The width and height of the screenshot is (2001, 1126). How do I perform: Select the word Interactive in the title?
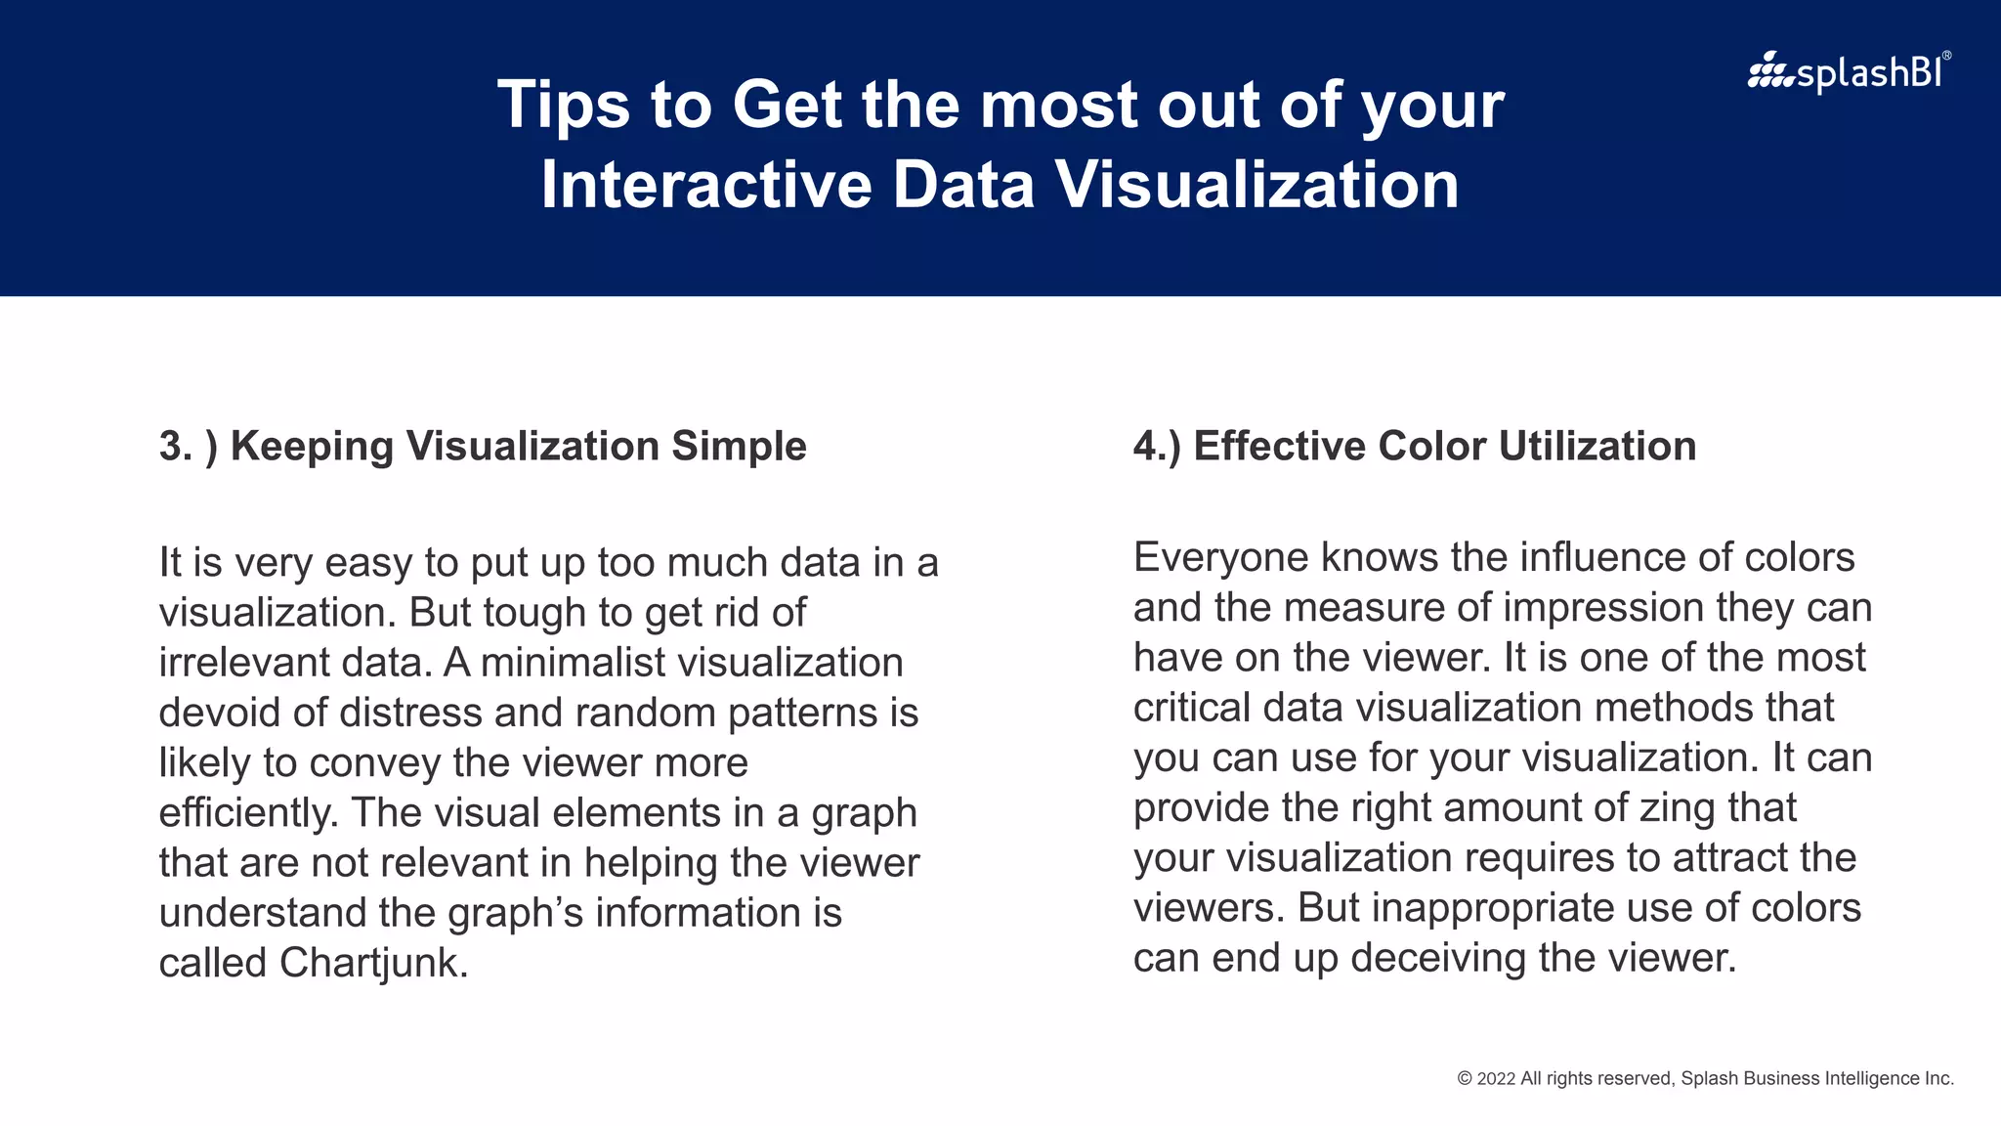(706, 185)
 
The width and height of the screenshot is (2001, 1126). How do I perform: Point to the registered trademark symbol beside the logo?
(1946, 57)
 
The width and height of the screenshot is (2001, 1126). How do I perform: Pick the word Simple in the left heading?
(739, 447)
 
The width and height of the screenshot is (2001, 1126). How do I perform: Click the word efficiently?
(248, 813)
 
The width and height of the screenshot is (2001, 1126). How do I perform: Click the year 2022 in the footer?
(1496, 1078)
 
